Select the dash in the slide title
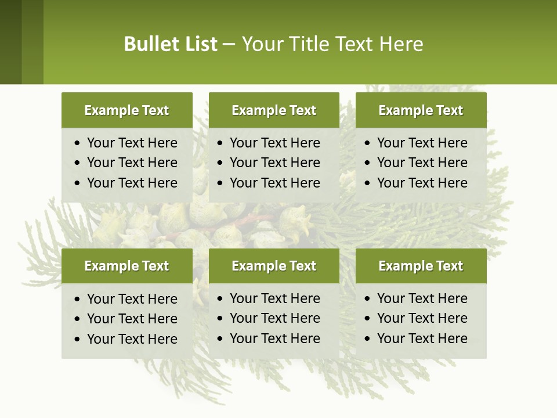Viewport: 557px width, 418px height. click(x=229, y=45)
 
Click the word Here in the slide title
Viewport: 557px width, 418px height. click(x=401, y=44)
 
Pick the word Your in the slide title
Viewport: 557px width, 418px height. click(x=259, y=44)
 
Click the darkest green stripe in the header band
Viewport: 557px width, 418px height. click(x=10, y=42)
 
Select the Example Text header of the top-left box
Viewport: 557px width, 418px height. click(x=126, y=110)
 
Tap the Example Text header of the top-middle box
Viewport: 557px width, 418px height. click(x=274, y=110)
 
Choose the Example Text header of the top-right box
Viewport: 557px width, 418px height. click(x=421, y=110)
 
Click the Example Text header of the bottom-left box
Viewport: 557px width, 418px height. click(x=126, y=266)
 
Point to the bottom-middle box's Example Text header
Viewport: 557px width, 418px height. click(x=274, y=266)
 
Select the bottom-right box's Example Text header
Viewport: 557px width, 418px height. click(x=421, y=266)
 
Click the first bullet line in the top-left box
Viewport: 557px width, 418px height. click(x=132, y=143)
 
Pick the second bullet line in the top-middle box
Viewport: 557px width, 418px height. click(x=274, y=163)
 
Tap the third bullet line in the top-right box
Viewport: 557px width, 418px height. click(x=422, y=183)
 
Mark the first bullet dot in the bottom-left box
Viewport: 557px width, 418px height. click(x=78, y=300)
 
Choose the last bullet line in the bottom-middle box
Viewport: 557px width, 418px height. click(x=274, y=338)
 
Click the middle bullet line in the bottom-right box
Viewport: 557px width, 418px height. click(x=422, y=318)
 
